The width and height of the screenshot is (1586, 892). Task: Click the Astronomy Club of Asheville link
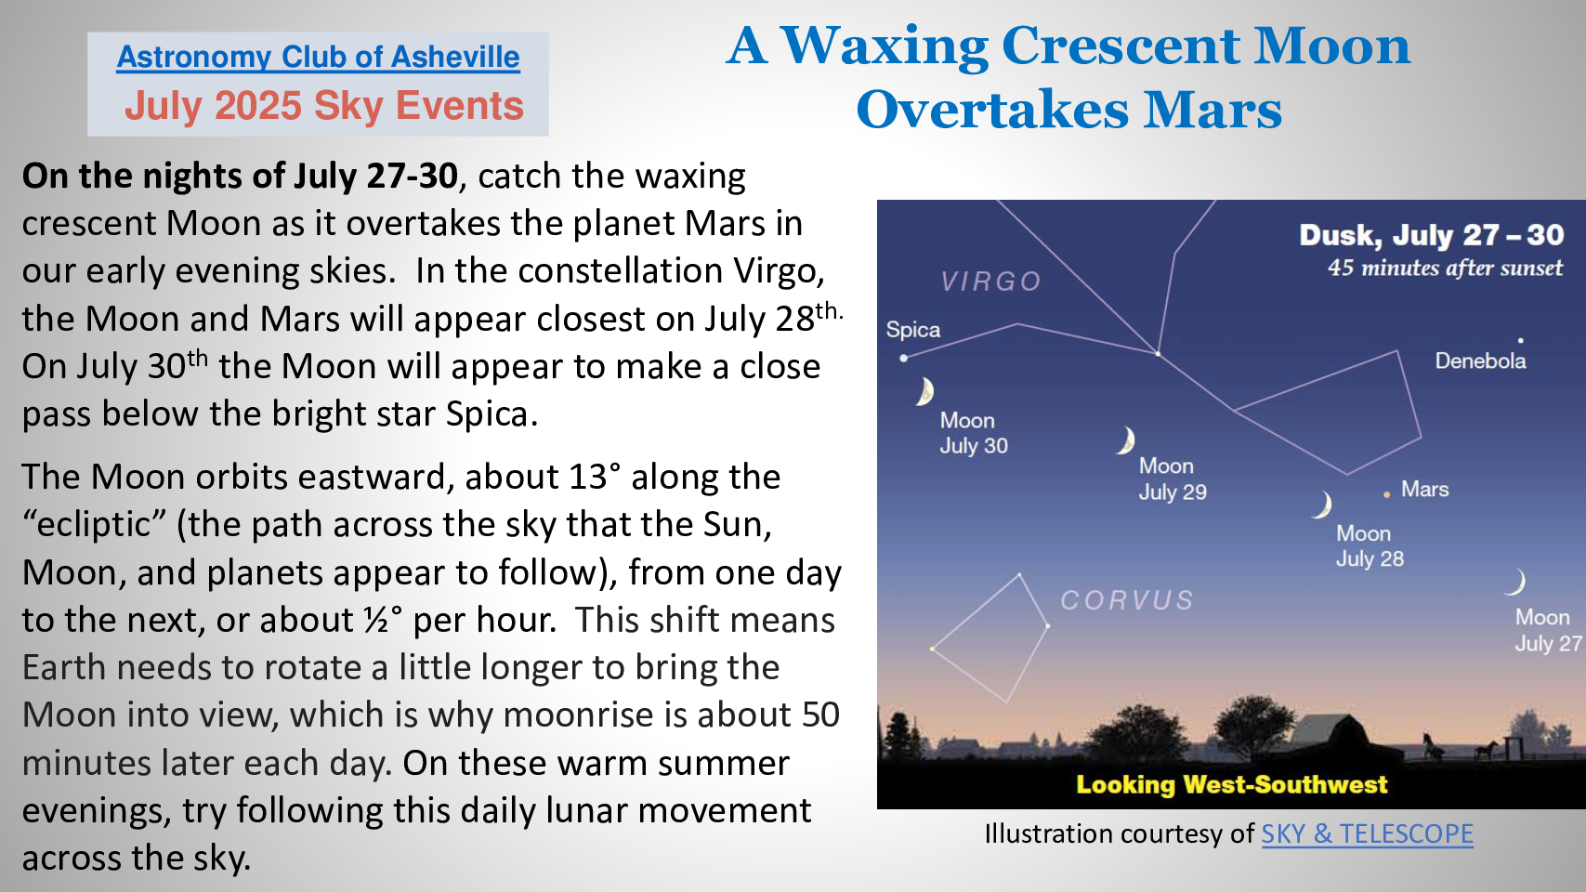(318, 58)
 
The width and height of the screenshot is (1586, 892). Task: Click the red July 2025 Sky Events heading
(324, 106)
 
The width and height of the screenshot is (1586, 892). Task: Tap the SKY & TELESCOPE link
(1368, 834)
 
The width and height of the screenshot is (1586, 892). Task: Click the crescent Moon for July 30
(924, 391)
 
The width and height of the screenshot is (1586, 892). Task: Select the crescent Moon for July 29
(1126, 440)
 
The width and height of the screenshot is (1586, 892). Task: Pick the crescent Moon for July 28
(1322, 505)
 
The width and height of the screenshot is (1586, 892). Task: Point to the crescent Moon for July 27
(1515, 582)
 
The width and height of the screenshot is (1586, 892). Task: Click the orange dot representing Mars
(1386, 495)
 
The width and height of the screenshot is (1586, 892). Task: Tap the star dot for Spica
(903, 359)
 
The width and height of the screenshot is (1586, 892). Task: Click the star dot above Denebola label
(1520, 340)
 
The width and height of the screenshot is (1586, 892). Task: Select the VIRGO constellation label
(991, 282)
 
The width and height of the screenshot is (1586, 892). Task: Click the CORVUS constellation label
(1126, 600)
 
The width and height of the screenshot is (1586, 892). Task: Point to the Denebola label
(1480, 361)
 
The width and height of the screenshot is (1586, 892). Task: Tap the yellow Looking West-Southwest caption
(1231, 784)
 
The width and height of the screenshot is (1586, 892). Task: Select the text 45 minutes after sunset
(1445, 269)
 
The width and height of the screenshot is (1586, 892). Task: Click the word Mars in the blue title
(1212, 111)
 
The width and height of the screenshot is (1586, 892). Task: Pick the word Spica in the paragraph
(487, 414)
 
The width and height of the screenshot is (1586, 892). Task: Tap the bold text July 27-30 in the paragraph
(376, 176)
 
